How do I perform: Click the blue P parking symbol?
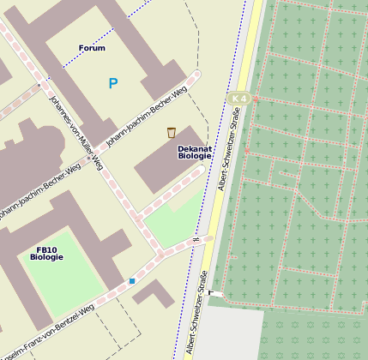[112, 83]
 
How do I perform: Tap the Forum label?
[92, 48]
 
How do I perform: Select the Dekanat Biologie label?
[195, 153]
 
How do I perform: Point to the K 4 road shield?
[239, 98]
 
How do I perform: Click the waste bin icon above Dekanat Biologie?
[172, 132]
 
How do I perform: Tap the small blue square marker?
[132, 280]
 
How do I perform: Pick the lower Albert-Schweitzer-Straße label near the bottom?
[196, 312]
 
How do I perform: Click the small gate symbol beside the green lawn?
[197, 239]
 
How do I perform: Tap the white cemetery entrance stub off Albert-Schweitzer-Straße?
[216, 294]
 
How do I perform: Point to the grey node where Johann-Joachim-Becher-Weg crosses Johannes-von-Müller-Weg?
[88, 157]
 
